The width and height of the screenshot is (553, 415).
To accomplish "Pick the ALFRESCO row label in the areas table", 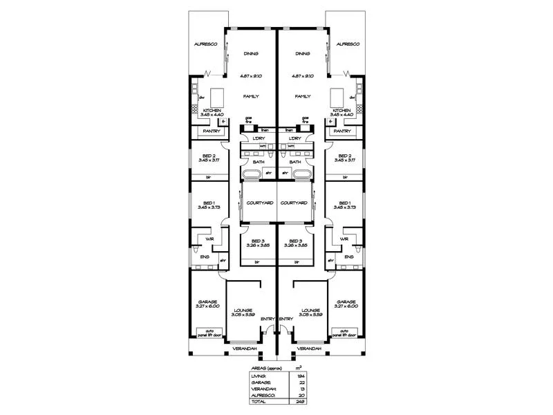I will (x=262, y=394).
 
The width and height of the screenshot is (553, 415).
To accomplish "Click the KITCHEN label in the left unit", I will (x=212, y=111).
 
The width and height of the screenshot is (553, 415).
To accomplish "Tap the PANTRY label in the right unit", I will (x=342, y=131).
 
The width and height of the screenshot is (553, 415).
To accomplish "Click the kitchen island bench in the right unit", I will (x=338, y=95).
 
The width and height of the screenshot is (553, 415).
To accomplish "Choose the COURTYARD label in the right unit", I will (x=294, y=203).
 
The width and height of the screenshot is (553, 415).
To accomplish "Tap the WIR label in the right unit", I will (x=344, y=239).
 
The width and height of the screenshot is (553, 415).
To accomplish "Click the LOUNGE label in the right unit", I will (x=310, y=310).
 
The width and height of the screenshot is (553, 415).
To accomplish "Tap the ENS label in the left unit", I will (x=205, y=257).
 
